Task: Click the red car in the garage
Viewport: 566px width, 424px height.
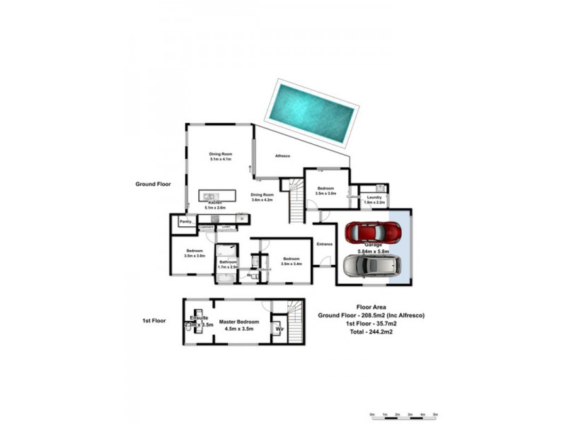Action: tap(372, 232)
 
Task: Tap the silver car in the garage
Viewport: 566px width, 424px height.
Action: tap(372, 266)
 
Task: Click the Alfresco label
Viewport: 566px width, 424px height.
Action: tap(284, 156)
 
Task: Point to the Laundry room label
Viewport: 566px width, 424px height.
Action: tap(374, 197)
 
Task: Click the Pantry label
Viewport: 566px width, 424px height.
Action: tap(185, 222)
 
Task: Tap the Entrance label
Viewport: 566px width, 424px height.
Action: tap(325, 244)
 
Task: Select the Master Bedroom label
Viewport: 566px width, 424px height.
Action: tap(238, 321)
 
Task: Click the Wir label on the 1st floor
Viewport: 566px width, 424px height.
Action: tap(279, 328)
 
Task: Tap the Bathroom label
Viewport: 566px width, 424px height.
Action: tap(228, 261)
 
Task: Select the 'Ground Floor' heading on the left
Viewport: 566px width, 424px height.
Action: tap(154, 184)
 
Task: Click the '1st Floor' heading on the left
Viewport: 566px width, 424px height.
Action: tap(154, 320)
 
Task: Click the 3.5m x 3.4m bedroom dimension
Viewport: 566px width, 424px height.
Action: tap(291, 264)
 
